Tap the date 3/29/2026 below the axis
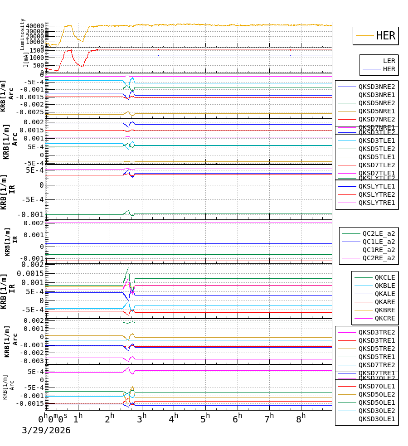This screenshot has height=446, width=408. click(x=46, y=431)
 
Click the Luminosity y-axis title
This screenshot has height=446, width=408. click(x=22, y=34)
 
